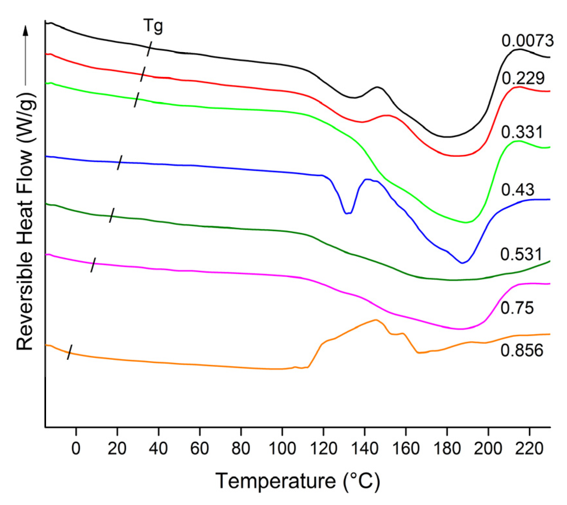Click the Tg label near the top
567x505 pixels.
click(153, 26)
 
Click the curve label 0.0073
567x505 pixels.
click(527, 41)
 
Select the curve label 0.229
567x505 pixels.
click(523, 78)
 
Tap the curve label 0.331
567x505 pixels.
click(522, 132)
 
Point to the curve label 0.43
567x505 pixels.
click(517, 190)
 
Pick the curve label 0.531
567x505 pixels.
click(521, 254)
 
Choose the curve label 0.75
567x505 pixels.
click(517, 308)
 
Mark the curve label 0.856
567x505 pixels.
click(522, 350)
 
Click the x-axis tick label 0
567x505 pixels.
click(76, 449)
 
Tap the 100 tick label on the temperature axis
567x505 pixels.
click(282, 449)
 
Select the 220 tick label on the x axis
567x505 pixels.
click(529, 449)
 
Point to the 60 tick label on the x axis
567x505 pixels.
click(199, 449)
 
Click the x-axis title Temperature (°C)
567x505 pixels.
click(297, 481)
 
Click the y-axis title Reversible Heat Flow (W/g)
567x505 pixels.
click(25, 220)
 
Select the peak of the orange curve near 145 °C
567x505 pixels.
click(376, 320)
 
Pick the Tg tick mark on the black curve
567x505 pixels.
click(149, 49)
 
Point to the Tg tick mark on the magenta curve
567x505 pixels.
click(93, 265)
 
